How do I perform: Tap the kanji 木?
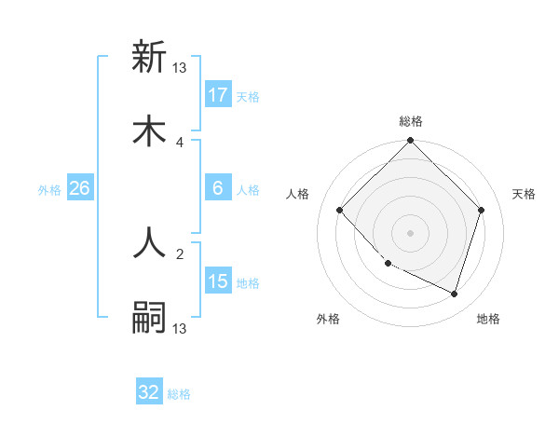[150, 131]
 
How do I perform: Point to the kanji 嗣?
[150, 318]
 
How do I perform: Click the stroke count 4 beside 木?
[180, 142]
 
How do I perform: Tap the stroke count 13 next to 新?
[180, 67]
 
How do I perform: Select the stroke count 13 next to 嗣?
[180, 328]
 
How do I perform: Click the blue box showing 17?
[218, 94]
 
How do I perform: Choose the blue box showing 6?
[218, 187]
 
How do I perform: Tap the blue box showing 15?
[218, 281]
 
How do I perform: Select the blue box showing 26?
[80, 187]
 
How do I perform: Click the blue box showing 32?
[149, 392]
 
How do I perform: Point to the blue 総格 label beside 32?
[180, 394]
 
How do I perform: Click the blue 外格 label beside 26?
[49, 189]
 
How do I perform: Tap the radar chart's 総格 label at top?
[410, 121]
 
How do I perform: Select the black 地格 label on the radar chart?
[488, 320]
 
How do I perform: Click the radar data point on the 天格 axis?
[482, 210]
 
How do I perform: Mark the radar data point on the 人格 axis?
[340, 210]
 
